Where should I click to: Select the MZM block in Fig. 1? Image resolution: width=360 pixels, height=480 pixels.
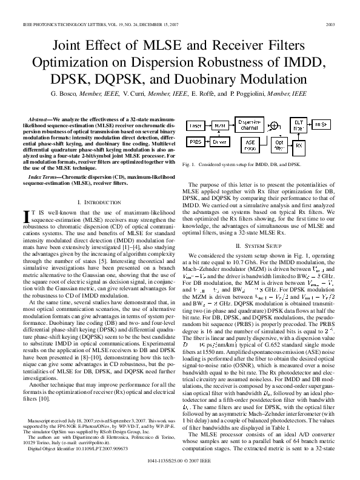pyautogui.click(x=219, y=125)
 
